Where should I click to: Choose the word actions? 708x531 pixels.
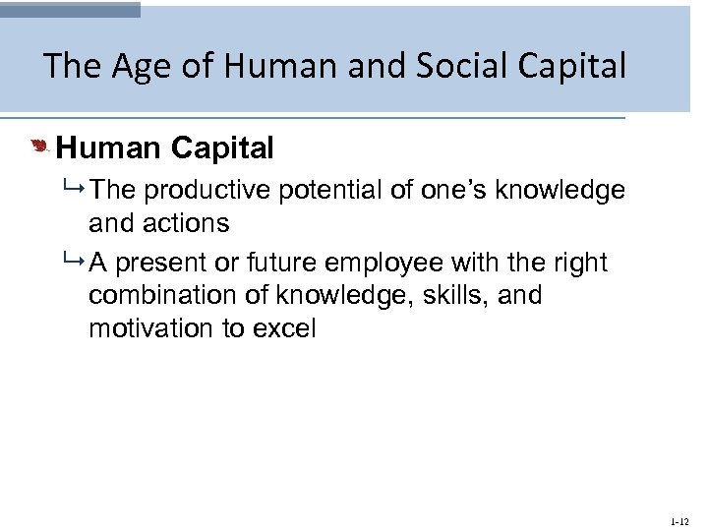click(187, 223)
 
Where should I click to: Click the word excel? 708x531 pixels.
click(284, 328)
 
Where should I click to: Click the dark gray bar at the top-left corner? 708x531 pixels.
click(70, 9)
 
